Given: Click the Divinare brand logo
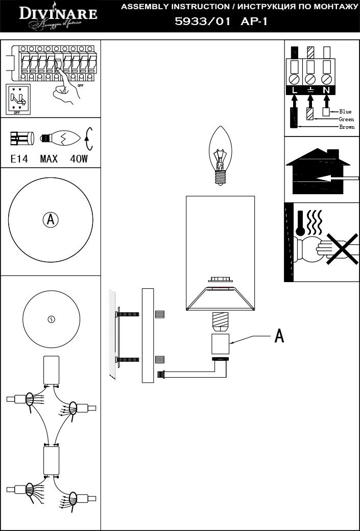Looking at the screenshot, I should [57, 15].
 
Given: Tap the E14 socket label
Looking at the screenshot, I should [20, 159].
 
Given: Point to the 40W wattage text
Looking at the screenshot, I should [79, 159].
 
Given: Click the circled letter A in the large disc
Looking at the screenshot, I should [50, 220].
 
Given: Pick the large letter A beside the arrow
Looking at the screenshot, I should [279, 336].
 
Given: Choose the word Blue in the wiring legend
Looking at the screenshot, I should [345, 111].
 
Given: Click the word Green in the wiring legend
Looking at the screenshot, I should [346, 119].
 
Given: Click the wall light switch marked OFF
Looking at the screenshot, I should [17, 99].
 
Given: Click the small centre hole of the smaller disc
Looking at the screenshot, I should [51, 319].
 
